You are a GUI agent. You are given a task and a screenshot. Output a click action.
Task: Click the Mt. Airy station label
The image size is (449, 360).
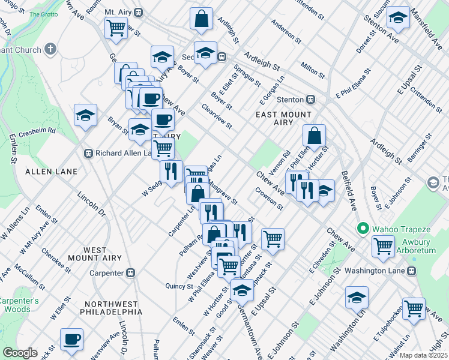tap(118, 12)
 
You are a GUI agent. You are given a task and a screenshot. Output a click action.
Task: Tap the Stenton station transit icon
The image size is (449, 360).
tap(311, 99)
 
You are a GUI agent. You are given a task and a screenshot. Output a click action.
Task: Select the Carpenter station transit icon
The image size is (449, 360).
tap(130, 273)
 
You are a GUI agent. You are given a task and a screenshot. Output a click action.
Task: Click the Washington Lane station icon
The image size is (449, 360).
tap(411, 270)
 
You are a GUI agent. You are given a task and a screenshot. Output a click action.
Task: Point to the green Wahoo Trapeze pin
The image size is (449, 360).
tap(362, 229)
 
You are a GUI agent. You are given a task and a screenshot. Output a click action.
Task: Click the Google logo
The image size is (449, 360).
tap(20, 353)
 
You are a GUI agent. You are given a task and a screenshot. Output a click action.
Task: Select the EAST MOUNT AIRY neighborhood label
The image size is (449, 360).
tap(283, 118)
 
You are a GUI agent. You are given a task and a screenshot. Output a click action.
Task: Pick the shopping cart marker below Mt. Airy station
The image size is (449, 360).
tap(116, 27)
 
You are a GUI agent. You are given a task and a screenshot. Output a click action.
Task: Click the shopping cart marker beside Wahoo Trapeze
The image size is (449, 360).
tap(383, 245)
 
